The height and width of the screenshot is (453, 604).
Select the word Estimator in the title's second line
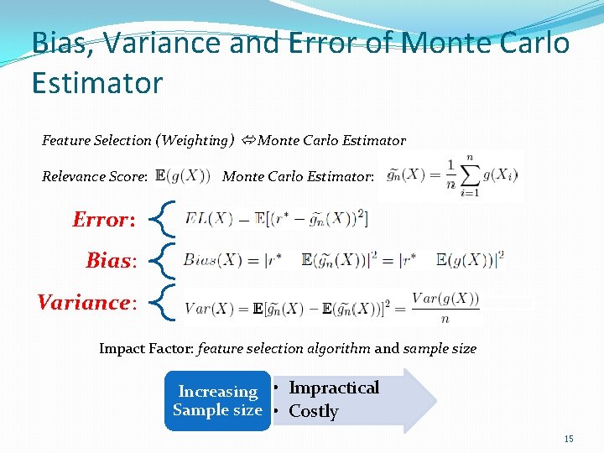(x=96, y=83)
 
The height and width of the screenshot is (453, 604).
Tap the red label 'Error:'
(x=103, y=220)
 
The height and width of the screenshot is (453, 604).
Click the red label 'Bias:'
(x=111, y=261)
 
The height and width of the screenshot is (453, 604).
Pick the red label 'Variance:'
(x=86, y=302)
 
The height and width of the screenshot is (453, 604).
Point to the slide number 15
(x=568, y=439)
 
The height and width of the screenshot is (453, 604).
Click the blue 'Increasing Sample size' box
(x=217, y=401)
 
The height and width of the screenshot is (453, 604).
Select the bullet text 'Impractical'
(x=334, y=388)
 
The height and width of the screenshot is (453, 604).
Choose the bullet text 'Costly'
(x=313, y=411)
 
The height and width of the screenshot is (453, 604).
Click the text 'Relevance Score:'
(x=95, y=177)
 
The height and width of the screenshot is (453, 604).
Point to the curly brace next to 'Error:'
(x=166, y=219)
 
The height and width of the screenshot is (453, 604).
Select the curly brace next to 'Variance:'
(x=166, y=302)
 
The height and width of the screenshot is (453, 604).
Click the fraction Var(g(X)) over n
(x=445, y=307)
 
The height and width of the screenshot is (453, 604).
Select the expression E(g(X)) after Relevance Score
(x=183, y=176)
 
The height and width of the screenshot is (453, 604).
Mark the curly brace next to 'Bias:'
(x=166, y=260)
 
